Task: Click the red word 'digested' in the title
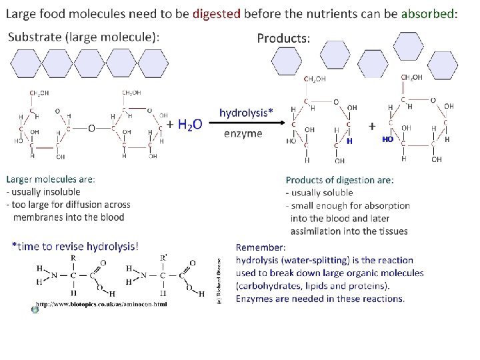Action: click(216, 14)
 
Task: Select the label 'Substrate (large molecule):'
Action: click(83, 37)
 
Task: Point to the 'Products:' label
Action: click(283, 38)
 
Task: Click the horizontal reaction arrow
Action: click(246, 123)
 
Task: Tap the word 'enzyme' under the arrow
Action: click(243, 133)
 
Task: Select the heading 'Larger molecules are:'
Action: click(51, 179)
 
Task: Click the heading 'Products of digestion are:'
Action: click(339, 180)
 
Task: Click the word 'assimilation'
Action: click(317, 231)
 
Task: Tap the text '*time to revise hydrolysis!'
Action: click(75, 247)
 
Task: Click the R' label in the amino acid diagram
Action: click(163, 258)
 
